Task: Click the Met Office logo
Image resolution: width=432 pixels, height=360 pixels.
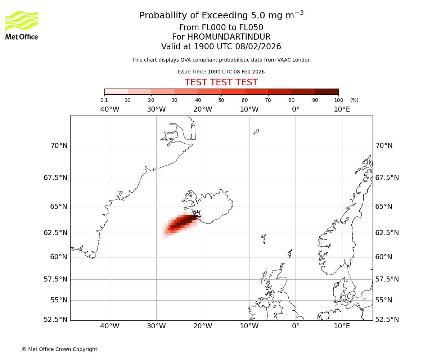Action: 22,25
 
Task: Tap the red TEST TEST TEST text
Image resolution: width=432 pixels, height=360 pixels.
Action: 221,82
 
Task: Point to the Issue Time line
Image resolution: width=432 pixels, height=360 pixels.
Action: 221,72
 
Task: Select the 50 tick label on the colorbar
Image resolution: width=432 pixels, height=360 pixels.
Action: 221,100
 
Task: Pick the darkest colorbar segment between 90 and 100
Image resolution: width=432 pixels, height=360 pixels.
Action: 327,91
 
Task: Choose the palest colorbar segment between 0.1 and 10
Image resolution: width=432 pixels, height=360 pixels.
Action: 116,91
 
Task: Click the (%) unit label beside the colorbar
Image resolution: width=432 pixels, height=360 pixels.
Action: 354,100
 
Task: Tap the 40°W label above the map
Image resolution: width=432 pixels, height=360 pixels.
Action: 109,109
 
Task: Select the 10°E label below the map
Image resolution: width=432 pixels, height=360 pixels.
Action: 342,326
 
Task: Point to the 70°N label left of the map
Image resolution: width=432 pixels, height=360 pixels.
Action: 59,146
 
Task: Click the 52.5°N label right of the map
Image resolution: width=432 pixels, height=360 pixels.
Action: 387,320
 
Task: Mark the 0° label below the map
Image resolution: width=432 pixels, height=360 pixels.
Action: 296,326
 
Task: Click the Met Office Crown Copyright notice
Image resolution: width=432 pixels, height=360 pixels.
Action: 59,349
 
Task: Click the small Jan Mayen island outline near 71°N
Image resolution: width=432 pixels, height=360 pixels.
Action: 256,132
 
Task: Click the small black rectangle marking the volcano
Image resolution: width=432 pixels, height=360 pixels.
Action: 193,217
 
